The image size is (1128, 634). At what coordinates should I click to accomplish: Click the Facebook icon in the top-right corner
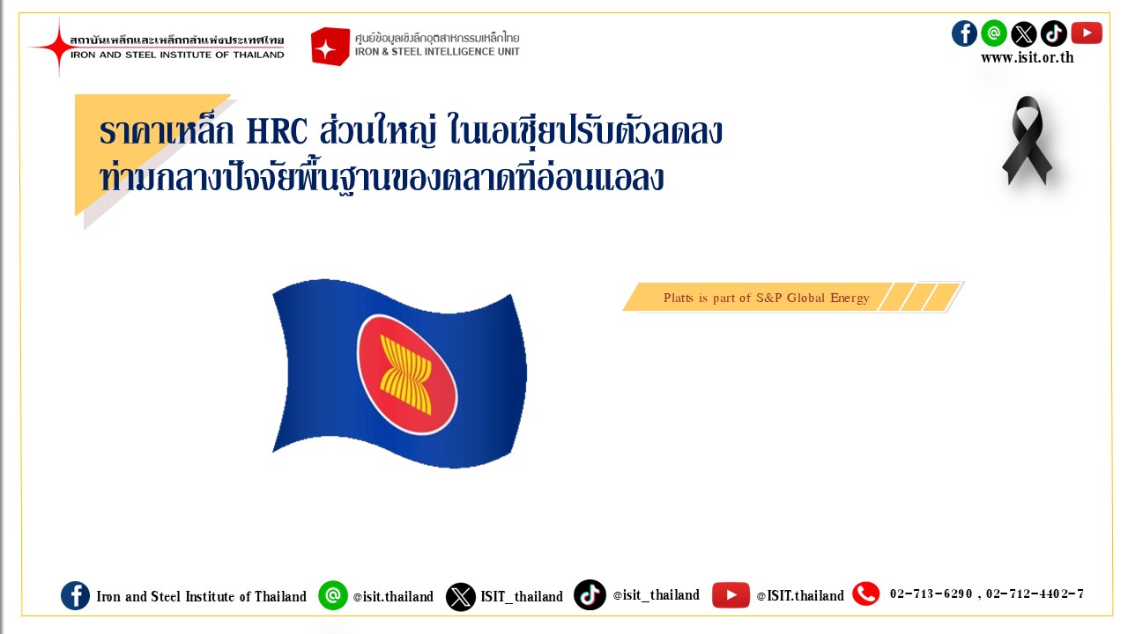coord(964,33)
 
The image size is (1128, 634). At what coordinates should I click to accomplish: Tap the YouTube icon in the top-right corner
coord(1087,33)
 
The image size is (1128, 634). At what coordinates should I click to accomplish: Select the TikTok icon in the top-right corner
coord(1054,33)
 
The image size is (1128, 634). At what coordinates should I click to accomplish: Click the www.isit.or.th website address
coord(1028,57)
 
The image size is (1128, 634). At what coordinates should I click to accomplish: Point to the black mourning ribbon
coord(1028,140)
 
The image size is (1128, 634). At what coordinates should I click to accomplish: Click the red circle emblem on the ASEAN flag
coord(407,374)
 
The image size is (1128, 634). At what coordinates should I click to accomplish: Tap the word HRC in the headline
coord(277,132)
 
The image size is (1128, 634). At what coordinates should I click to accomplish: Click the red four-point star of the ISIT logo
coord(58,47)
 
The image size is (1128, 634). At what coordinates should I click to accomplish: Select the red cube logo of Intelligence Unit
coord(330,47)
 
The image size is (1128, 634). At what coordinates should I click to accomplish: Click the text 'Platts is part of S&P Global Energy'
coord(767,298)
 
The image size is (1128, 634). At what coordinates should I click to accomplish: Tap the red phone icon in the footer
coord(865,593)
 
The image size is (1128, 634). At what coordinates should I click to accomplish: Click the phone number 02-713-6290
coord(931,594)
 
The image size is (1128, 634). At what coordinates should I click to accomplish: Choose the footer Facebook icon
coord(75,596)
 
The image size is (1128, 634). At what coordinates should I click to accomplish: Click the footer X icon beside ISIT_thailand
coord(460,597)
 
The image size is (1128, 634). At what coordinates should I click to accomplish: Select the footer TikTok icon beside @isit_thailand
coord(590,594)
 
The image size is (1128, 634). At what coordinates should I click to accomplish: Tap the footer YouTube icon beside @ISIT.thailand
coord(731,595)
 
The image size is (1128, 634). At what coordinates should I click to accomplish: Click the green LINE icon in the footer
coord(333,595)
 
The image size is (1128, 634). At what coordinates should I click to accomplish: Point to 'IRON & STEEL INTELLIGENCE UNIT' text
coord(437,51)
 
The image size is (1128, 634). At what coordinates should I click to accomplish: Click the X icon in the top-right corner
coord(1024,33)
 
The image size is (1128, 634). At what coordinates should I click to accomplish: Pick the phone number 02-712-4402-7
coord(1035,594)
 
